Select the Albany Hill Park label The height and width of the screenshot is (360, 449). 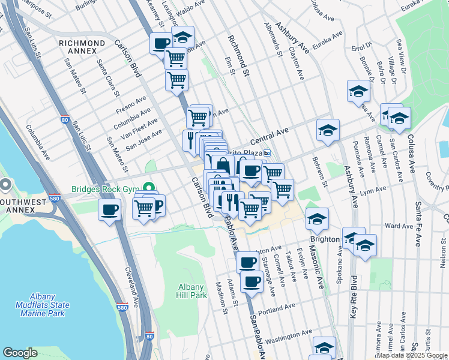(x=191, y=292)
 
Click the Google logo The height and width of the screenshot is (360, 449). (x=20, y=353)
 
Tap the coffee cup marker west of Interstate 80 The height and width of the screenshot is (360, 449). (x=109, y=211)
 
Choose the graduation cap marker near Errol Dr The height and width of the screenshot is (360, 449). (x=358, y=91)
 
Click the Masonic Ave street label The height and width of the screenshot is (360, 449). (x=317, y=264)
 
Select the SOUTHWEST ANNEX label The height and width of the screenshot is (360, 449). (x=23, y=202)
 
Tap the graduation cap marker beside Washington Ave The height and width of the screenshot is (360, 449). (x=324, y=347)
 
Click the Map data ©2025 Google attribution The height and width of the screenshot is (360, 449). (x=412, y=355)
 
